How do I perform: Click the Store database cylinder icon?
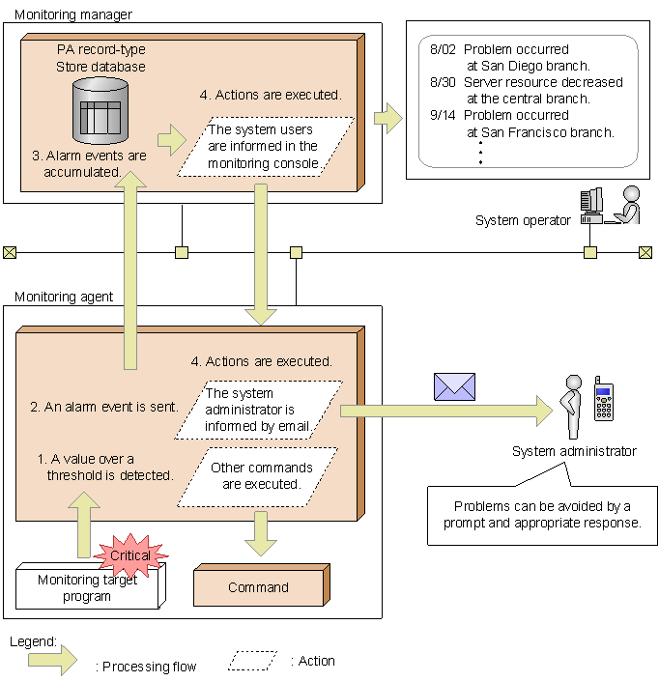[x=100, y=108]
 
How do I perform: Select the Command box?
[x=258, y=587]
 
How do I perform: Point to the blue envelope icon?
[x=454, y=385]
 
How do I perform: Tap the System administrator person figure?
[x=572, y=407]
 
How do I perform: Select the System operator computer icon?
[x=591, y=205]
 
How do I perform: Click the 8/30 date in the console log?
[x=440, y=82]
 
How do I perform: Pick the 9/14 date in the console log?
[x=440, y=115]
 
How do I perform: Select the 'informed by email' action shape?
[x=261, y=409]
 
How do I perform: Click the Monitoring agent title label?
[x=64, y=297]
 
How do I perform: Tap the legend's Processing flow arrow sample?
[x=52, y=662]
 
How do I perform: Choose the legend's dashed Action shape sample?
[x=252, y=661]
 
